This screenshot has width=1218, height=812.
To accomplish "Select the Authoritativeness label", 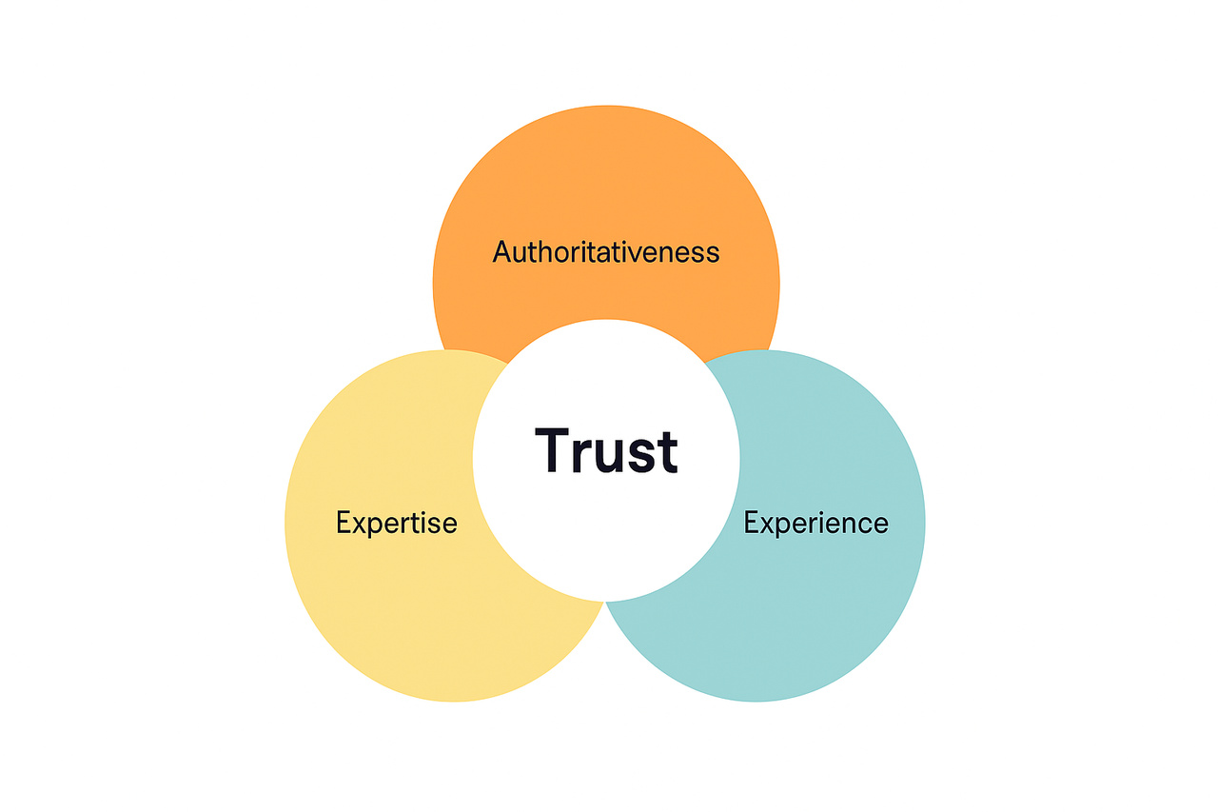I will click(606, 252).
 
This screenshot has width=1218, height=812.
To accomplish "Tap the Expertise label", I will click(397, 523).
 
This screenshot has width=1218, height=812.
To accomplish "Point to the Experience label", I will click(815, 523).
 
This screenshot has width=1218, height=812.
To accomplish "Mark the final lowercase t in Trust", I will click(667, 452).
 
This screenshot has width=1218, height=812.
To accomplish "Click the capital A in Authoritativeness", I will click(502, 252).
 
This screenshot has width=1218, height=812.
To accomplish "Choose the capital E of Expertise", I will click(344, 523).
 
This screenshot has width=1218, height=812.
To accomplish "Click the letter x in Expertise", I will click(360, 525).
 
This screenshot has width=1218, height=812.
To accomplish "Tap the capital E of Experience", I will click(752, 523).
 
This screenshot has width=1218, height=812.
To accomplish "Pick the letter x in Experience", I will click(768, 525).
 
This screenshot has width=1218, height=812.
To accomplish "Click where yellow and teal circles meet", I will click(605, 604).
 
